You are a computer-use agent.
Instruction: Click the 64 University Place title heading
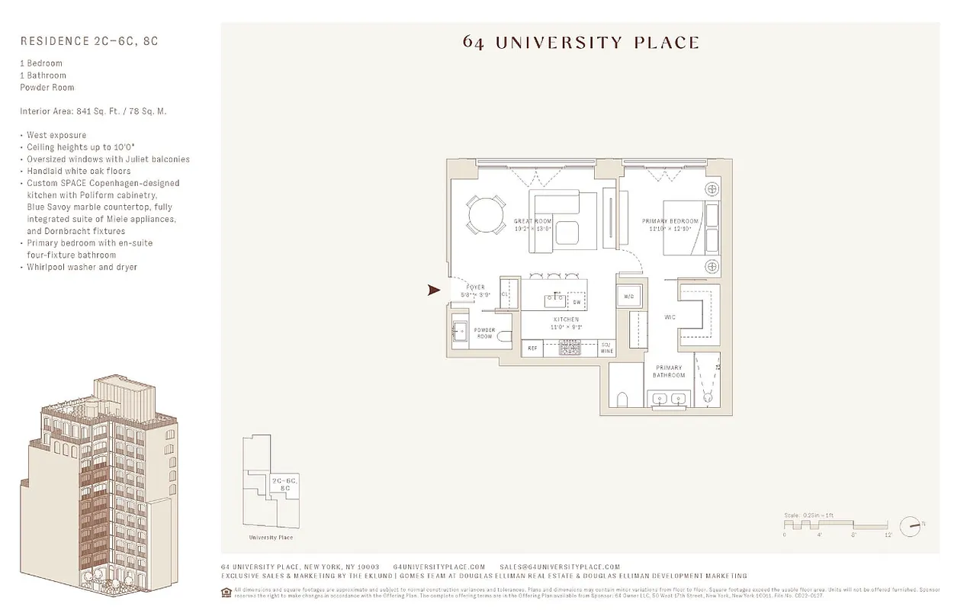click(x=580, y=42)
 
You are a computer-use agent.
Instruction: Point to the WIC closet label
click(x=670, y=317)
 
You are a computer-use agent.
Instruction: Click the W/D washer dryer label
click(x=629, y=296)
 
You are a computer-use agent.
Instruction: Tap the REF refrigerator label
click(x=532, y=348)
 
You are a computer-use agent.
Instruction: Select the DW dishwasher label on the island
click(x=577, y=303)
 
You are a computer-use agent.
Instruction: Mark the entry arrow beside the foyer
click(x=435, y=290)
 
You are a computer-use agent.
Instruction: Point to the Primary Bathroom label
click(x=669, y=371)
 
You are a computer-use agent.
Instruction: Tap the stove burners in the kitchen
click(x=569, y=348)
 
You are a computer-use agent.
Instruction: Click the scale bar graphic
click(x=836, y=525)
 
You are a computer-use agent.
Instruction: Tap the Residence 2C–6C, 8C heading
click(x=89, y=41)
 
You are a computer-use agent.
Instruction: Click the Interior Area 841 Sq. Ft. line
click(x=93, y=111)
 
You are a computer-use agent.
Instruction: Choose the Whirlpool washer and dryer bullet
click(x=82, y=267)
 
